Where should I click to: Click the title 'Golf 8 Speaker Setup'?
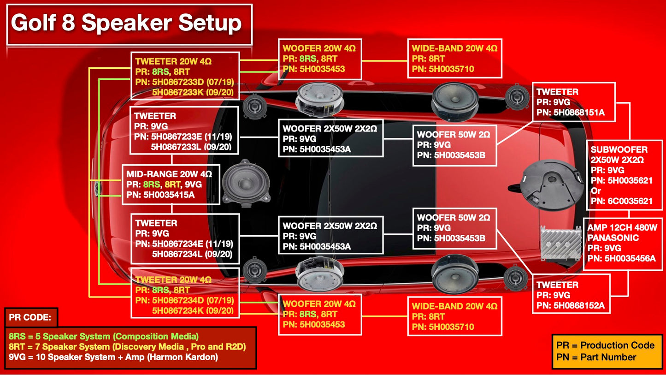tap(127, 23)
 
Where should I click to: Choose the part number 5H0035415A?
tap(169, 195)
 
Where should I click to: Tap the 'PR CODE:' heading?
tap(30, 318)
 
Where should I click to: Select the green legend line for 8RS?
tap(104, 336)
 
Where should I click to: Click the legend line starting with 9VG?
tap(113, 357)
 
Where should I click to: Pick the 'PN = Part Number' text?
tap(596, 357)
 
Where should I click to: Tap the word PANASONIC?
tap(613, 238)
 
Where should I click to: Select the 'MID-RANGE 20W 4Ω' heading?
tap(169, 174)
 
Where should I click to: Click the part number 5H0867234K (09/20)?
tap(193, 311)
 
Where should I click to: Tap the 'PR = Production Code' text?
tap(605, 345)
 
